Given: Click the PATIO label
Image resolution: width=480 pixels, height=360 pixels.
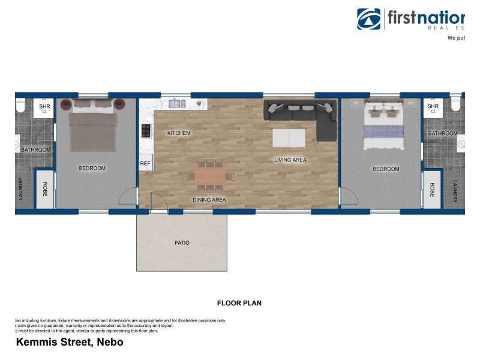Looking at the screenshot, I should pos(182,243).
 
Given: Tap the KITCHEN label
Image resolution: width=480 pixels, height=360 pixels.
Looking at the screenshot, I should pos(178,133).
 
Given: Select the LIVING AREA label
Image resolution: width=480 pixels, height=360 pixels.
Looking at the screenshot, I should pos(290,160).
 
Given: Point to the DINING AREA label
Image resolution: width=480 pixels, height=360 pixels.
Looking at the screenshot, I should pos(209,200).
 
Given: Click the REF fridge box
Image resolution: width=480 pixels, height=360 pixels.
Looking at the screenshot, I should pos(145,163).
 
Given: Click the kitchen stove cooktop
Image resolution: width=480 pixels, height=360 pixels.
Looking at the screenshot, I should pos(145,130).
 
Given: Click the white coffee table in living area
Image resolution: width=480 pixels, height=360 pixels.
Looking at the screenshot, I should pos(289,137).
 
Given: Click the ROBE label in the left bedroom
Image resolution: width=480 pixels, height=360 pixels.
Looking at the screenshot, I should pos(44,189).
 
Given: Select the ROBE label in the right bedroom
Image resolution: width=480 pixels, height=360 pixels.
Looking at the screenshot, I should pos(432,189).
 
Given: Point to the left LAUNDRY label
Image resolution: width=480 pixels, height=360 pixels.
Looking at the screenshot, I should pos(21,189).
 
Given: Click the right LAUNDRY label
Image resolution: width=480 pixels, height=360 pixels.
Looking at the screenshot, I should pos(455,191).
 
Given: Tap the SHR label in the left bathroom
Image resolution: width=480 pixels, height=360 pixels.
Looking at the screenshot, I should pos(44,107).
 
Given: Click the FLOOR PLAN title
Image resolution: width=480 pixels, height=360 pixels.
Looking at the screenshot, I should pos(239,303).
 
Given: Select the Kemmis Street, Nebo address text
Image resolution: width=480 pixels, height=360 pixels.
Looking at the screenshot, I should pos(69,343).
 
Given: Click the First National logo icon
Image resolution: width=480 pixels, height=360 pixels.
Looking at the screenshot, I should pos(369,19).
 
